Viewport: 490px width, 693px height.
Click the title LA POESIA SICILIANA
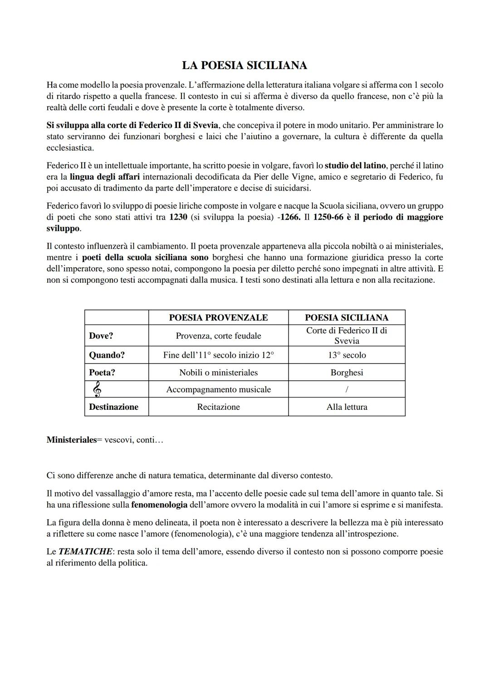(x=245, y=65)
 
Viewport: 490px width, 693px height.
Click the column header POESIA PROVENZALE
(x=218, y=317)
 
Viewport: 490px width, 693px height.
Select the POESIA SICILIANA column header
(x=347, y=317)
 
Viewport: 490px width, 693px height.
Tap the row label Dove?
(x=101, y=336)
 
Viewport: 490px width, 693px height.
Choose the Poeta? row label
(x=102, y=373)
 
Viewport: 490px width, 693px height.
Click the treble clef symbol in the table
(x=96, y=389)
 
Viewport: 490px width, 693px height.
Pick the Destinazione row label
(x=113, y=407)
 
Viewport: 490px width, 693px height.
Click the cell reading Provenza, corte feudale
(x=218, y=336)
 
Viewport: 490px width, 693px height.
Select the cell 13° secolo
(x=347, y=355)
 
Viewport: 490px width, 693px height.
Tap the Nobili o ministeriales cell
(x=218, y=373)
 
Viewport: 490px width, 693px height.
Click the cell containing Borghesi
(x=347, y=373)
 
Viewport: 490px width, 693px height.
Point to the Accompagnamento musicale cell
(x=218, y=389)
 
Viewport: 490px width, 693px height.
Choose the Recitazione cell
(x=218, y=407)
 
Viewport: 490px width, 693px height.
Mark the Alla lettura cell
(x=347, y=407)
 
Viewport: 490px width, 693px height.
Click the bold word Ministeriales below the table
(x=72, y=440)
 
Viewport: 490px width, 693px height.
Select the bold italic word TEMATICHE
(x=85, y=552)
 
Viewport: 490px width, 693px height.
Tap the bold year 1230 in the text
(x=178, y=217)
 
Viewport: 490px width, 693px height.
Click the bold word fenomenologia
(x=159, y=505)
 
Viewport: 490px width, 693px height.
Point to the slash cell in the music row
(x=347, y=389)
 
